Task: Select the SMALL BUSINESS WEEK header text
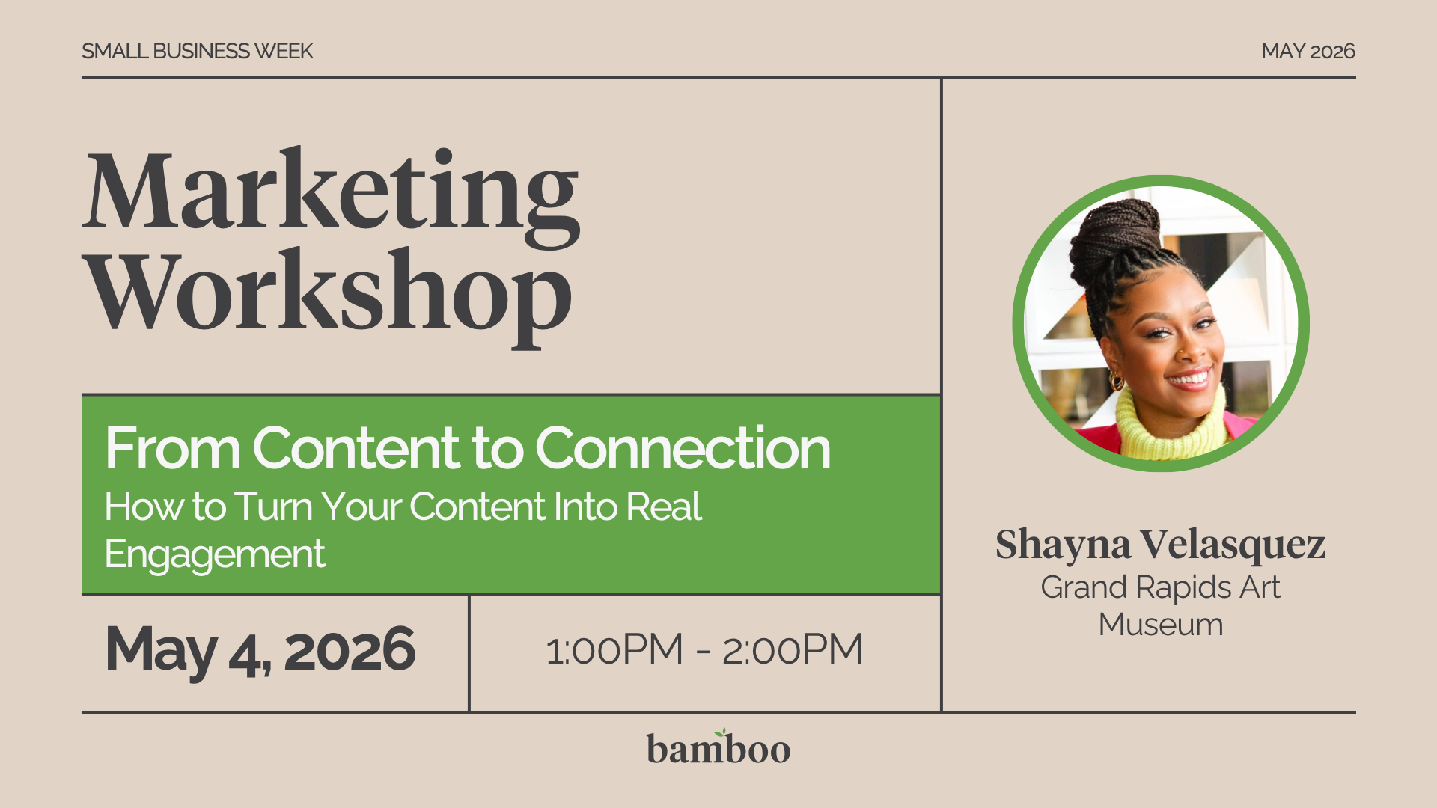197,51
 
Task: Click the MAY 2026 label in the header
1308,51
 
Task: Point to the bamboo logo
718,749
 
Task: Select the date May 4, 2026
260,649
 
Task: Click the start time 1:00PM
614,649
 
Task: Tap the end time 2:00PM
792,649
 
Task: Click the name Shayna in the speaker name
1062,545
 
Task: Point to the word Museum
1160,625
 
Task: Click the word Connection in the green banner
682,448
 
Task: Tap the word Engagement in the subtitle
215,554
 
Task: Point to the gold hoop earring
1117,381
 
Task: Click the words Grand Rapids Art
1160,587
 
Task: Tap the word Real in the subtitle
663,507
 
